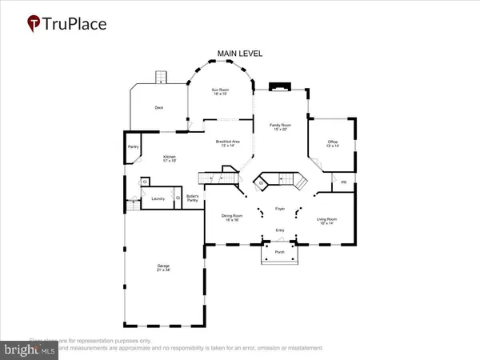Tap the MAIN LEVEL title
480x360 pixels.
(239, 54)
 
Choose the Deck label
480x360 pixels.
(159, 106)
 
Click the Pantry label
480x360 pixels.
(132, 146)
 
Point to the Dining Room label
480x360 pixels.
(232, 217)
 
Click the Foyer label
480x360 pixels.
(280, 210)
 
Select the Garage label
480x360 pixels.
(163, 268)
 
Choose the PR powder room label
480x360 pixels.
(343, 183)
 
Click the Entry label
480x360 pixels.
(280, 230)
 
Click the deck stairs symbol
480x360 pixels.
(159, 77)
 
